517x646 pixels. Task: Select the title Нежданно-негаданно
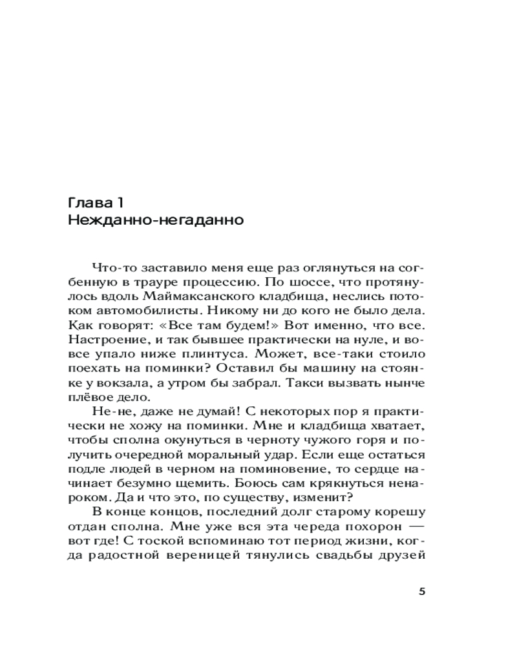(x=155, y=220)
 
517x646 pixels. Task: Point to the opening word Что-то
(x=111, y=267)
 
